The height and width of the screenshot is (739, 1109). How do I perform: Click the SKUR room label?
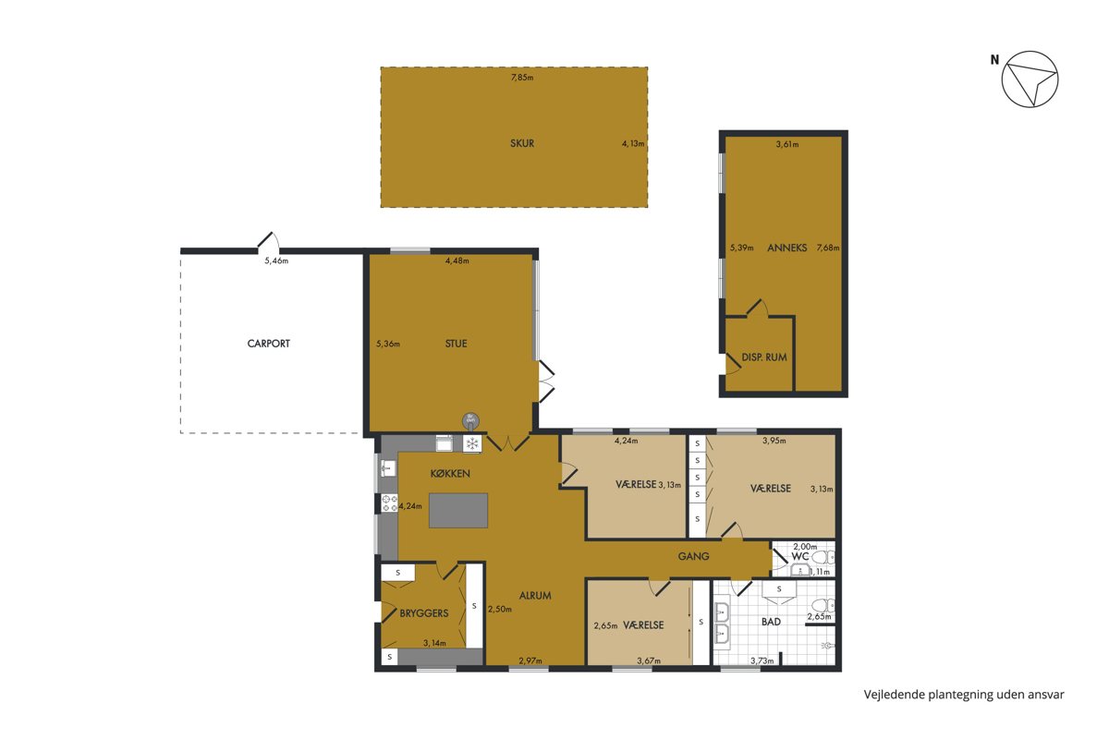point(522,143)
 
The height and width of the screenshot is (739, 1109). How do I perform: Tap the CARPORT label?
point(268,344)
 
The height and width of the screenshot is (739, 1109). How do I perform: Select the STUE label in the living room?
point(456,344)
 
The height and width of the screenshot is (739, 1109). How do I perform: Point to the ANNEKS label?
point(786,248)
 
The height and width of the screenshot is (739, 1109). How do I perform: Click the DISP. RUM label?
point(764,357)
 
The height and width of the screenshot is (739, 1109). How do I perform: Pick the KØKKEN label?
point(450,474)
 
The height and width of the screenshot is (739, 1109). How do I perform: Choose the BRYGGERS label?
point(424,613)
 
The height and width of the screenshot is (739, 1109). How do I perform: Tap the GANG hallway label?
point(693,556)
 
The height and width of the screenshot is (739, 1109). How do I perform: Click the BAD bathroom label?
point(771,622)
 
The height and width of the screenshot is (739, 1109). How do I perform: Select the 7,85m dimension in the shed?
point(522,78)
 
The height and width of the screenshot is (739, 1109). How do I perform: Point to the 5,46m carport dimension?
point(276,260)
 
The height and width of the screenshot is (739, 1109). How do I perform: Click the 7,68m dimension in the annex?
point(828,248)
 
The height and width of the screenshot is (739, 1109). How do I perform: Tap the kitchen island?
point(458,510)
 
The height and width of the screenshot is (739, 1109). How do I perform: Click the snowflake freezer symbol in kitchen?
point(472,443)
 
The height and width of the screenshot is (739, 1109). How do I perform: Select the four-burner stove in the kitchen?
point(389,503)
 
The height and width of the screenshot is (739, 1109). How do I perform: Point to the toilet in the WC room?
point(823,558)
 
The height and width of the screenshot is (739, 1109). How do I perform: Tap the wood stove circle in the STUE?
point(470,421)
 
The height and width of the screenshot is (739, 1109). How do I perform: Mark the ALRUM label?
point(535,596)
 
